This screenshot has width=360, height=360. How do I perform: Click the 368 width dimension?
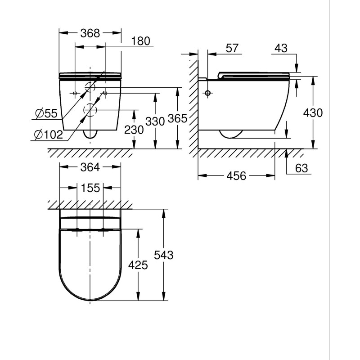point(90,33)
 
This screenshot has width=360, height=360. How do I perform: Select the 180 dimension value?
point(141,41)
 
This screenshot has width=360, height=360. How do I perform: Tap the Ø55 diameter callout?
point(46,114)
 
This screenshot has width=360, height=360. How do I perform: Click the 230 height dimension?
point(134,130)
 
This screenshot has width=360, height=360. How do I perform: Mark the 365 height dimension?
point(177,118)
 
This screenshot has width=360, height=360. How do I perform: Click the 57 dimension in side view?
point(232,48)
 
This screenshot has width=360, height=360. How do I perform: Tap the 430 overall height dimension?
point(313,112)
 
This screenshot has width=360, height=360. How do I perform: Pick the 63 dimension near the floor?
point(301,168)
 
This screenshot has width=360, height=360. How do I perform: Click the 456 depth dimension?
point(236,176)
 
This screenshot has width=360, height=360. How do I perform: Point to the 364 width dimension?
point(90,167)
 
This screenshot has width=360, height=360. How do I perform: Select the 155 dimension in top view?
point(90,188)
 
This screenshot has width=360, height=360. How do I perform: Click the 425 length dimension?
point(138,265)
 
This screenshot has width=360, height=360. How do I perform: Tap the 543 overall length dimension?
point(164,255)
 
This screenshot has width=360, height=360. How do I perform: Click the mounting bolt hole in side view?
point(208,93)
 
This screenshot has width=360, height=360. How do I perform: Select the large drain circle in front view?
point(90,110)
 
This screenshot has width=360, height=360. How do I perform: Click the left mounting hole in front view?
point(75,93)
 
